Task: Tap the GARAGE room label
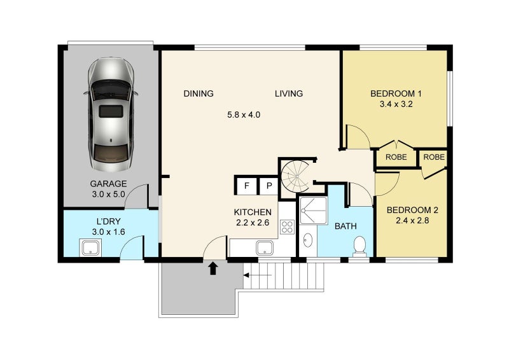click(x=108, y=184)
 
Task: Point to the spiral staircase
click(x=294, y=176)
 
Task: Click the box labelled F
click(x=246, y=186)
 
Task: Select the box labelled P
click(x=268, y=186)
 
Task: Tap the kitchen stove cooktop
click(x=287, y=227)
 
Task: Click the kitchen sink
click(x=265, y=249)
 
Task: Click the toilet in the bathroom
click(x=360, y=246)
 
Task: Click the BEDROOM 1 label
click(x=396, y=94)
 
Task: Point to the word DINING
click(x=199, y=94)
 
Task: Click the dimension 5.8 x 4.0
click(x=244, y=115)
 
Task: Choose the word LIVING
click(x=289, y=94)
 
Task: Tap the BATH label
click(x=346, y=226)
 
